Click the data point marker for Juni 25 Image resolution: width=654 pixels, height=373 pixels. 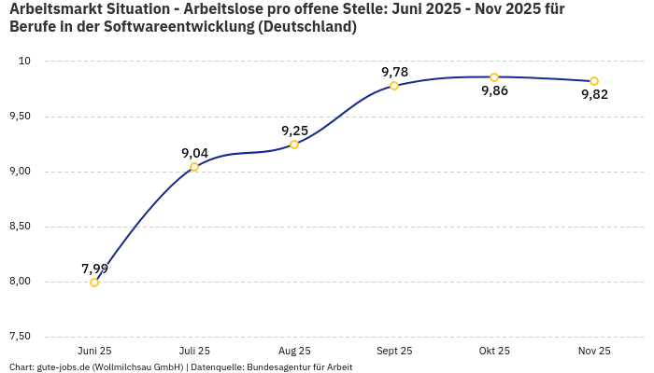tap(94, 283)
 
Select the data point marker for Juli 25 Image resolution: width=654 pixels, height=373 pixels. tap(194, 167)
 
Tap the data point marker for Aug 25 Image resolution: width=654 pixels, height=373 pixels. tap(294, 145)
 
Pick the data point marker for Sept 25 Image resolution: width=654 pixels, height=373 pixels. tap(394, 86)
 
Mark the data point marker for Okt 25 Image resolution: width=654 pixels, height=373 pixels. tap(494, 77)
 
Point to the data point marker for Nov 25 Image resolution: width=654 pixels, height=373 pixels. tap(594, 81)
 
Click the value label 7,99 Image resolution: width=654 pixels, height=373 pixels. tap(94, 269)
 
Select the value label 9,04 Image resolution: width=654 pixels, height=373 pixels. tap(194, 153)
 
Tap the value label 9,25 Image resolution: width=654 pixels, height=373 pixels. tap(294, 131)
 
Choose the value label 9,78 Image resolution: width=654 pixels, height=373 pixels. tap(394, 72)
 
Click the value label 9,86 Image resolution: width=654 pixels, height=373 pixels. tap(494, 91)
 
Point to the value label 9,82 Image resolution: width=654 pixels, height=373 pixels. tap(594, 95)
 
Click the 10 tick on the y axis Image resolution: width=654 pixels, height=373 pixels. tap(24, 62)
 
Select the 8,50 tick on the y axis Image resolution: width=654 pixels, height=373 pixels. tap(19, 227)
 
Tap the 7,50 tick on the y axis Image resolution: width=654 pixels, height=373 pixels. tap(19, 337)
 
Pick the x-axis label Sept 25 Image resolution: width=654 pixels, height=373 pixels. tap(394, 351)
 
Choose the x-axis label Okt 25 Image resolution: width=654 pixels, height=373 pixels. tap(494, 351)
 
